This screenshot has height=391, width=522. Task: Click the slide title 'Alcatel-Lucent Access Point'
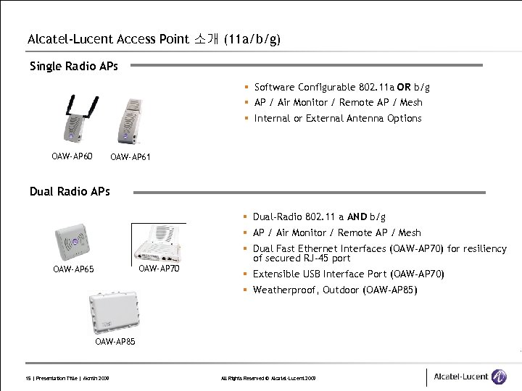point(109,39)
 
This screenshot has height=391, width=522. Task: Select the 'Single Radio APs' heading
point(73,67)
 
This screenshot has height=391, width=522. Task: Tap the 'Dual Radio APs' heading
point(70,191)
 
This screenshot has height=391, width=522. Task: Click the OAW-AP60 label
point(72,155)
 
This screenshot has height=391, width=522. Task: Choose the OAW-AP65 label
point(73,270)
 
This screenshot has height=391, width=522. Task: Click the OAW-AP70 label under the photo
point(159,269)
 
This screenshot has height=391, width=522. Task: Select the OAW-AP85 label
point(115,341)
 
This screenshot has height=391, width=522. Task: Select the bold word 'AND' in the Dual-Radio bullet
point(356,216)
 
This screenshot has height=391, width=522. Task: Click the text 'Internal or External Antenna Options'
point(338,118)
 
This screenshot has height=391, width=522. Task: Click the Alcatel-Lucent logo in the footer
point(470,377)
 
